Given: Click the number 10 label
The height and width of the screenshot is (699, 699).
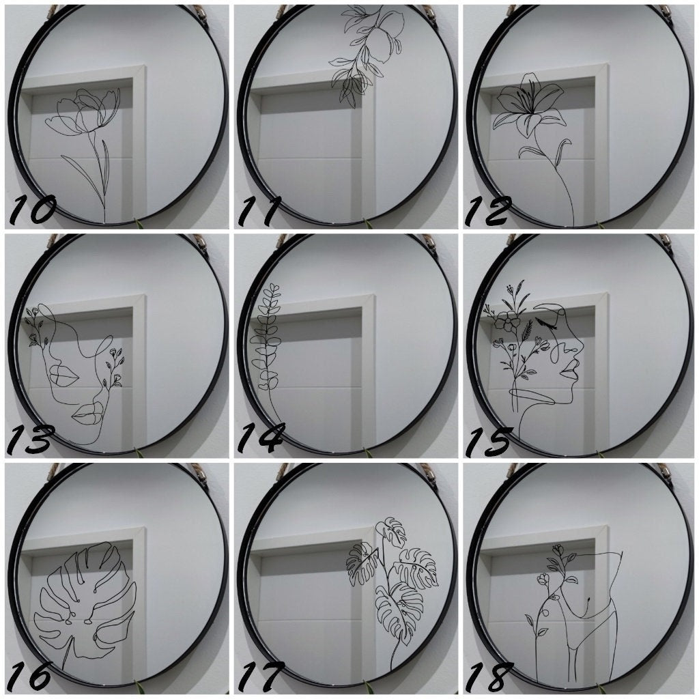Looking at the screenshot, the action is (32, 210).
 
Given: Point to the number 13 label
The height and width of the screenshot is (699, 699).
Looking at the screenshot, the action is (30, 439).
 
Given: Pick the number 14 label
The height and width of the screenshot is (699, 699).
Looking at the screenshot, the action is (260, 439).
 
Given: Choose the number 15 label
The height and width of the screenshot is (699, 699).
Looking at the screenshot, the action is (487, 442).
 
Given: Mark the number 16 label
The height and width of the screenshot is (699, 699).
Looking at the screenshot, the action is (29, 675).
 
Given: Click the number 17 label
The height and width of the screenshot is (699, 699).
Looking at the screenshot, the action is (260, 675).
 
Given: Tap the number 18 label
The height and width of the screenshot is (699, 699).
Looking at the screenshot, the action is (488, 675).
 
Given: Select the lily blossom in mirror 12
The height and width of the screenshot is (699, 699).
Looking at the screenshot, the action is (529, 104).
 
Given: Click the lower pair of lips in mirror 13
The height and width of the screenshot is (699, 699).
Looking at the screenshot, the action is (89, 414).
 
